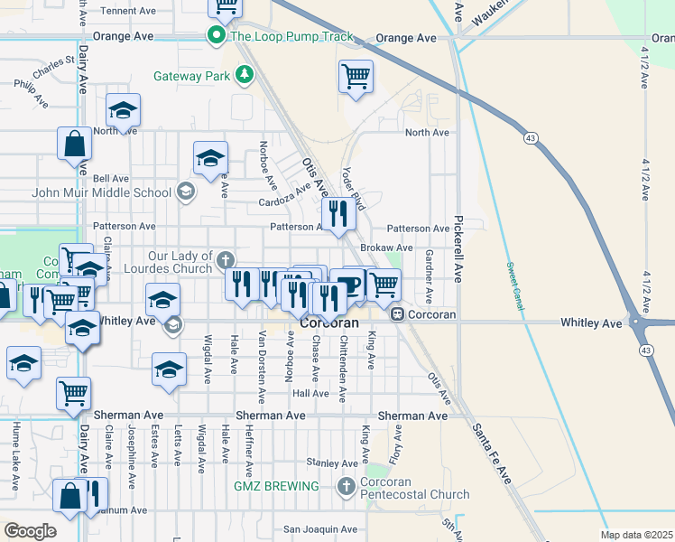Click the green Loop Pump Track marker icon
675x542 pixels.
[217, 37]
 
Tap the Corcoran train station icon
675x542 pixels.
[396, 313]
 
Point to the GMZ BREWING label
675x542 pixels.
[277, 486]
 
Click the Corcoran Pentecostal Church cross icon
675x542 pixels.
[346, 488]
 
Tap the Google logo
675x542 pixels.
[30, 531]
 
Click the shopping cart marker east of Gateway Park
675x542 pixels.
[356, 76]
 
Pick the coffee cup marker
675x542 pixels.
[348, 285]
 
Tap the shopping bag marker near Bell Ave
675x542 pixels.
[74, 145]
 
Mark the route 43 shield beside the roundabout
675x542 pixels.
[645, 349]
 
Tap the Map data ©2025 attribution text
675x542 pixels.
[636, 535]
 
